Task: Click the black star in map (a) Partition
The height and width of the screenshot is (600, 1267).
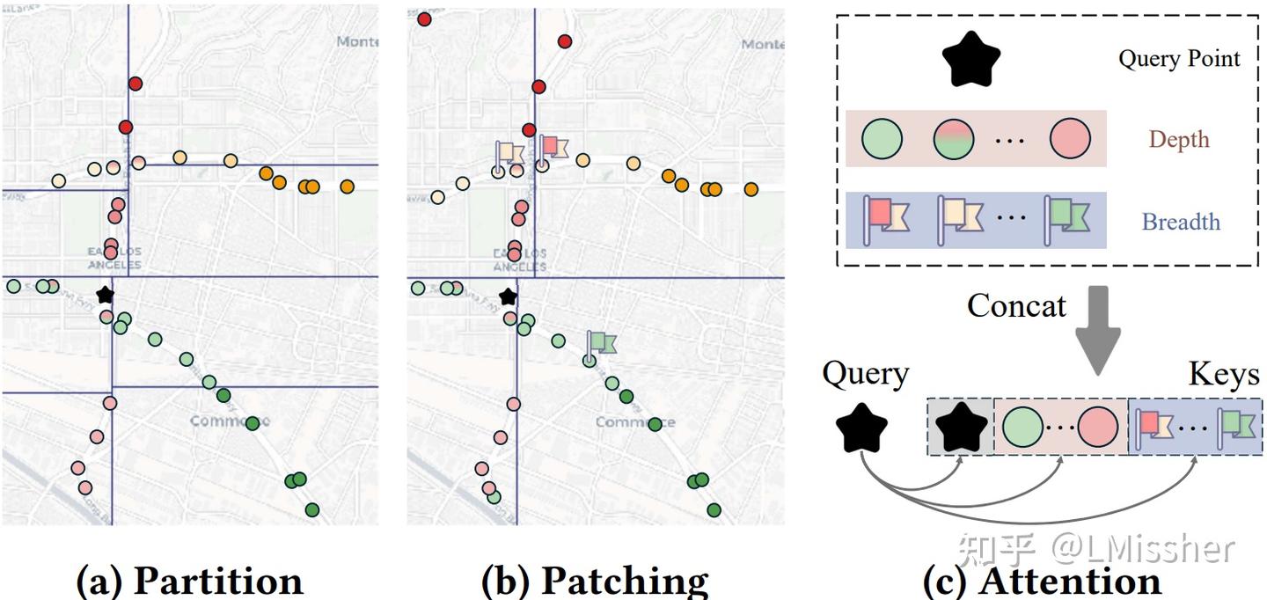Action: coord(106,295)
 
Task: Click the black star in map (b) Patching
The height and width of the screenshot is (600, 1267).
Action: coord(508,296)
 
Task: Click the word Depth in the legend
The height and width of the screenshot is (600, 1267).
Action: coord(1179,140)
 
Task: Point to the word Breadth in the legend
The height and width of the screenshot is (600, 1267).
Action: coord(1181,222)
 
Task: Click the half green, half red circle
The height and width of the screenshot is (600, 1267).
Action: coord(953,139)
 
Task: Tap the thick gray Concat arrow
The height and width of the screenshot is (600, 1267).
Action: coord(1100,330)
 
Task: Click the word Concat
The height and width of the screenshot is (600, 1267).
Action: coord(1016,306)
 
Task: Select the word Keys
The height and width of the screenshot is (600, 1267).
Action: coord(1224,376)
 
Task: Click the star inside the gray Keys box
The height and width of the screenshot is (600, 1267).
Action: coord(961,426)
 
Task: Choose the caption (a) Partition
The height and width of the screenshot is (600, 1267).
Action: coord(190,581)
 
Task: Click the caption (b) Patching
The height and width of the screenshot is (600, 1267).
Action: coord(595,581)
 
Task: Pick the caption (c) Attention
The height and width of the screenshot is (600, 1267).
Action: coord(1042,581)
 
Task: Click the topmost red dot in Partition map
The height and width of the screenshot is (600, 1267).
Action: coord(135,84)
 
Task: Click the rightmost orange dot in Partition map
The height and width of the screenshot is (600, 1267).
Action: coord(347,187)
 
